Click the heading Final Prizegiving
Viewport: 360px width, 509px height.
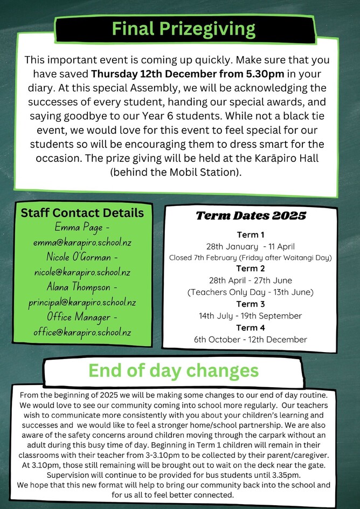[x=183, y=28]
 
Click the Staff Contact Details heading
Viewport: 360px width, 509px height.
[x=82, y=213]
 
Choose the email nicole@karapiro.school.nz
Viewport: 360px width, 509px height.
[x=82, y=272]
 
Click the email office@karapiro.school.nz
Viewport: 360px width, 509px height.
[x=82, y=332]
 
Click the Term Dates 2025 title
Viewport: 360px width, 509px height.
[x=251, y=216]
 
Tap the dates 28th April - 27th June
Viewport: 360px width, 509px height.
[x=250, y=280]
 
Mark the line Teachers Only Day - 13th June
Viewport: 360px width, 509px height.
[x=250, y=292]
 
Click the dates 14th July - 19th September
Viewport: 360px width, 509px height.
[x=250, y=315]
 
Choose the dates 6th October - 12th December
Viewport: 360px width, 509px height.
[x=250, y=340]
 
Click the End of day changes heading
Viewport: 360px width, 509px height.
[x=174, y=371]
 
